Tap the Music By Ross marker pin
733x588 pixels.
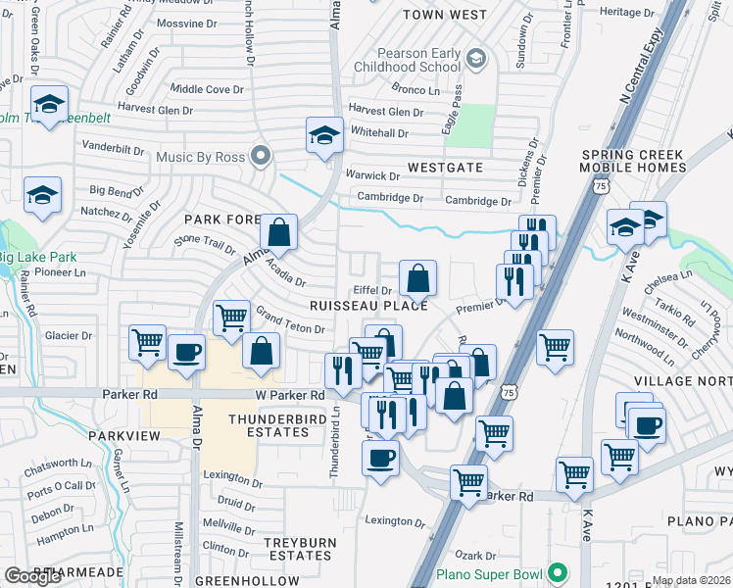(261, 155)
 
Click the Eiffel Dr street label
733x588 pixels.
(372, 290)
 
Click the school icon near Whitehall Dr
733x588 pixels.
(323, 136)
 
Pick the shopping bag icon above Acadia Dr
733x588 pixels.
(279, 233)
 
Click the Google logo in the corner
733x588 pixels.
(32, 575)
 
